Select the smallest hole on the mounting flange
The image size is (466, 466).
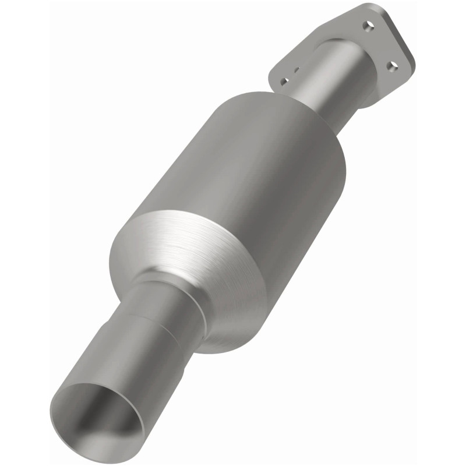[x=297, y=70]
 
